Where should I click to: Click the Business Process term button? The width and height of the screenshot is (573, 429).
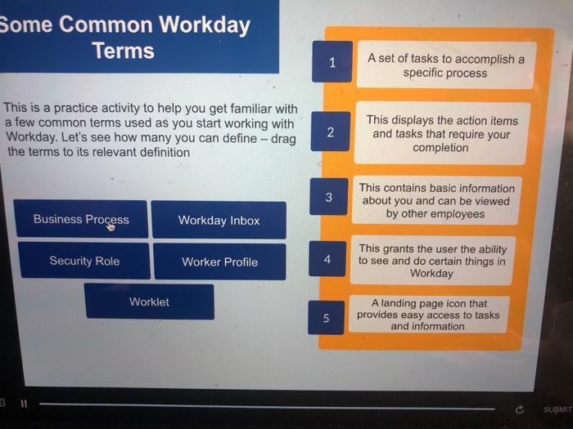[x=81, y=219]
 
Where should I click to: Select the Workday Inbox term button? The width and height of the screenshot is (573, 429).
[x=219, y=220]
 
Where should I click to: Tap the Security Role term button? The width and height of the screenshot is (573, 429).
[x=83, y=261]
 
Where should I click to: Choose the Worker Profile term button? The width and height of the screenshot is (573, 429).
[x=219, y=261]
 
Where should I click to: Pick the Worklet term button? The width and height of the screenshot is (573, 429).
[x=149, y=302]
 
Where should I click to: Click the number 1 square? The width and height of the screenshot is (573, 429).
[x=332, y=62]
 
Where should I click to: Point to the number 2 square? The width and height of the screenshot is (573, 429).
[x=330, y=132]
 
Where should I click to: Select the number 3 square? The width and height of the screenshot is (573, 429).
[x=328, y=197]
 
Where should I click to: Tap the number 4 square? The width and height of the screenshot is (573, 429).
[x=327, y=259]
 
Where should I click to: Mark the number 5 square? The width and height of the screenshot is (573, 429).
[x=326, y=319]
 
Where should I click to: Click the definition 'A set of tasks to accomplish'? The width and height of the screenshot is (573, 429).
[x=445, y=65]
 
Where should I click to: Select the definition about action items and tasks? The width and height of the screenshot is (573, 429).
[x=441, y=134]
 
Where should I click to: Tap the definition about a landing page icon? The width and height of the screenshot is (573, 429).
[x=427, y=315]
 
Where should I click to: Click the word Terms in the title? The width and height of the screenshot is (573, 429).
[x=124, y=51]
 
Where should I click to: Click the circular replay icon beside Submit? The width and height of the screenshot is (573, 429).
[x=519, y=409]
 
